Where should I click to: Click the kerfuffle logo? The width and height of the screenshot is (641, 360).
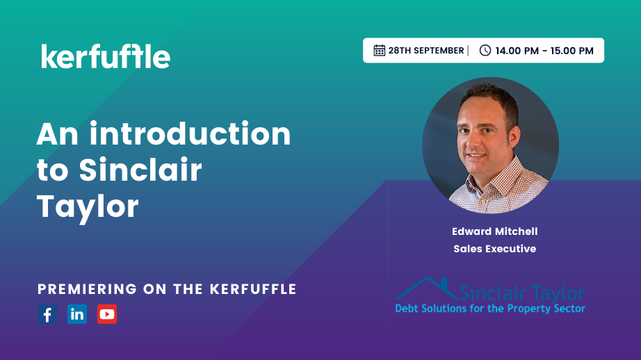106,56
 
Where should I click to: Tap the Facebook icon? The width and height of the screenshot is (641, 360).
47,314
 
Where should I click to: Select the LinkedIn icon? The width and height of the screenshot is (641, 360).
77,314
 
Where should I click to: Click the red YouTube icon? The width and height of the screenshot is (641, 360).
107,314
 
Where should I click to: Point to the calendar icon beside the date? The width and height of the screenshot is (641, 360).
380,50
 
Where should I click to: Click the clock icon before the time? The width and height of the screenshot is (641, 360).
485,50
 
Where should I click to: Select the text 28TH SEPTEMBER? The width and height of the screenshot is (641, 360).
426,51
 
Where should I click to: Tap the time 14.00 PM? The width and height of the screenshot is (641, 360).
517,51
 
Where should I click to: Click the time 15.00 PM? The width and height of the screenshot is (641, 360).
572,51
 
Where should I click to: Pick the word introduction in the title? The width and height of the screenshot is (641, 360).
190,133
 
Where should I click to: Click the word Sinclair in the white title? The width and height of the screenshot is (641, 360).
140,170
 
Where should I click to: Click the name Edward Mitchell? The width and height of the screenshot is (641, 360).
494,231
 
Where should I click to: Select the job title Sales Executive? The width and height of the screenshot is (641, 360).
494,248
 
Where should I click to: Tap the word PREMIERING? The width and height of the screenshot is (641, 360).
88,289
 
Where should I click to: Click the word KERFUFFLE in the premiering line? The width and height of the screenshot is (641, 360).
253,289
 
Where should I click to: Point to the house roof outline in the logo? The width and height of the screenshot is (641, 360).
426,288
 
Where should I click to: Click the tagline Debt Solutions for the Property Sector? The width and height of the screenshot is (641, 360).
490,309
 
